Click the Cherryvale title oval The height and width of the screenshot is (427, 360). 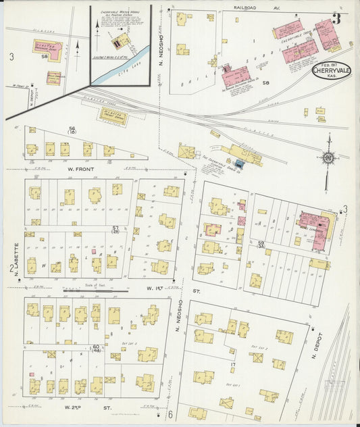coord(332,72)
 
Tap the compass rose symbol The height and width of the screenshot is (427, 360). coord(328,158)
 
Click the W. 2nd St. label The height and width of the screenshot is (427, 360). coord(88,407)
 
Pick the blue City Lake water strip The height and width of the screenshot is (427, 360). coord(119,67)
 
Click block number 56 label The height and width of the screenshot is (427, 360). coord(72,130)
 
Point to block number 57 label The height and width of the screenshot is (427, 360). coord(116,230)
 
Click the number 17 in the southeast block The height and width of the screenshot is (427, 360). coord(231,366)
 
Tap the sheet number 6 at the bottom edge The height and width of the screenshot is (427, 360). coord(171,414)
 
